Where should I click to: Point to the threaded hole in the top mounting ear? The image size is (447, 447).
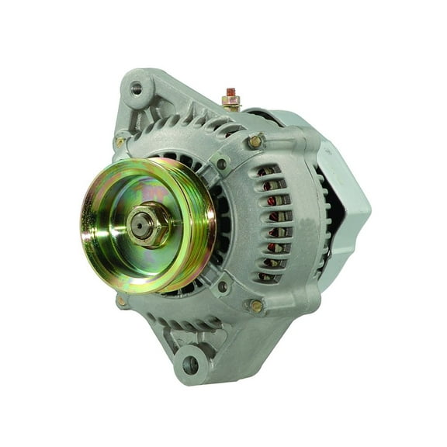coord(137,88)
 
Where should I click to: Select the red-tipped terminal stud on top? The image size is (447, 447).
coord(230,92)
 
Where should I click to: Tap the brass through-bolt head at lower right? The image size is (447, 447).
coord(256,306)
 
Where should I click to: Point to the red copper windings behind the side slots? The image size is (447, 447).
coord(272,225)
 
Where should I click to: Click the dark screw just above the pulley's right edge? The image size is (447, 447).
coord(223,165)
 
